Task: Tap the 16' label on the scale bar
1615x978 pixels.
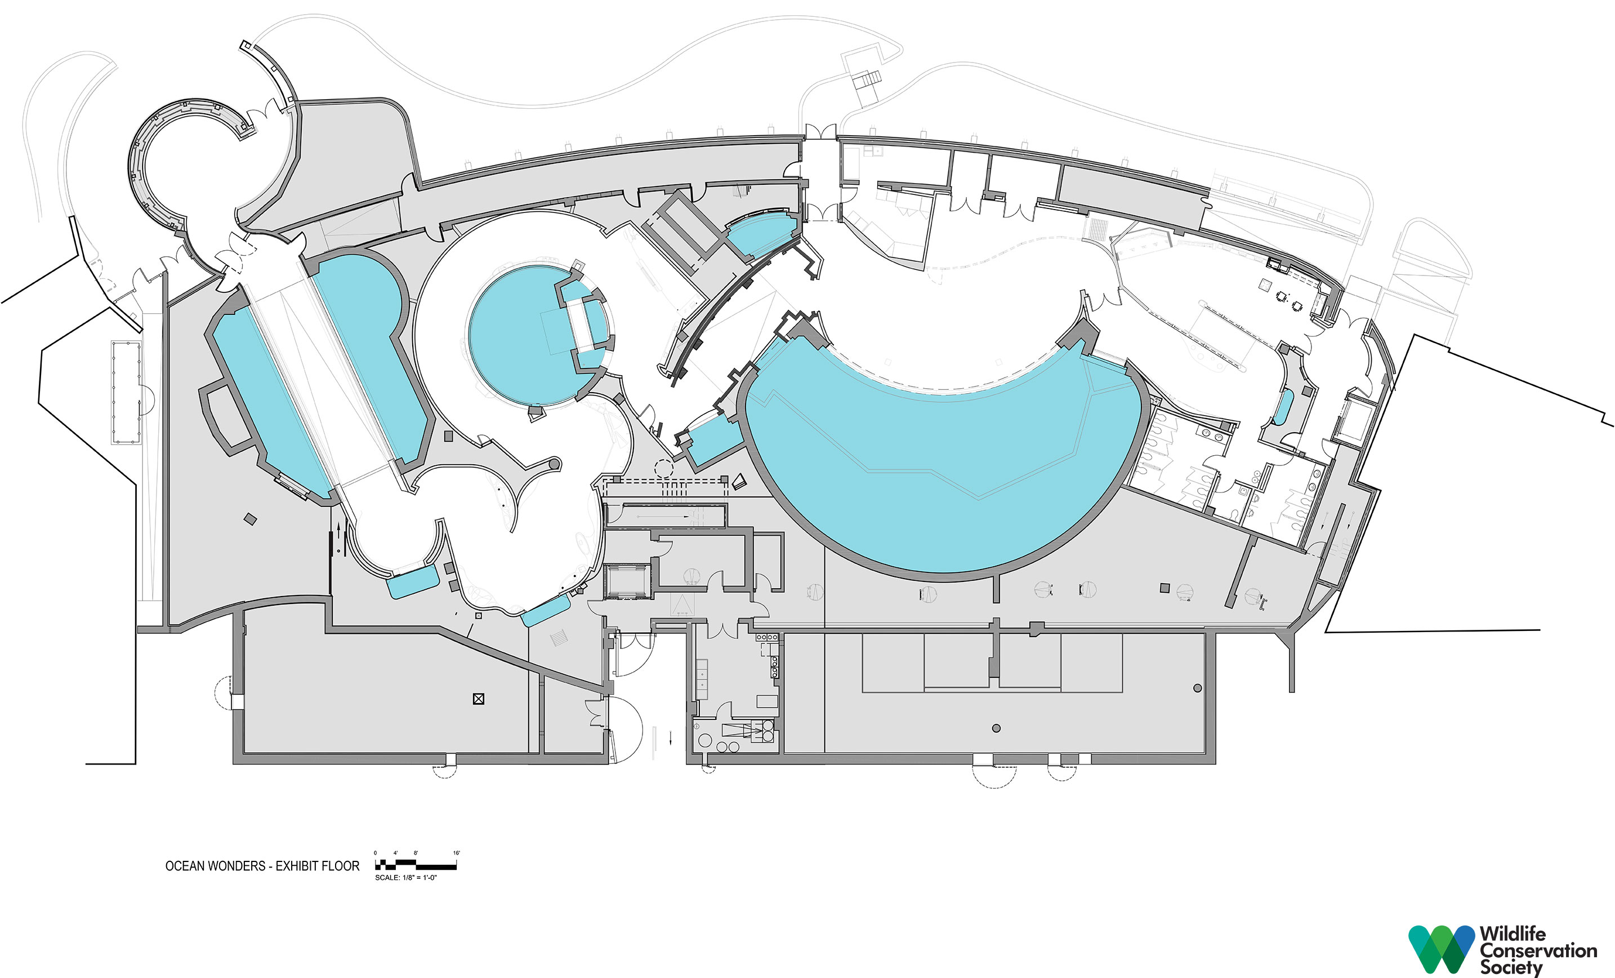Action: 456,853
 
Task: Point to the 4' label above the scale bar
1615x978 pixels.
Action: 395,853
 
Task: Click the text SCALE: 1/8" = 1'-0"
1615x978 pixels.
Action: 405,878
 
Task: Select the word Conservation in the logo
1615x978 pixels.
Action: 1538,950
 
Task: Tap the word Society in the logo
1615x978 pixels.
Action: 1511,967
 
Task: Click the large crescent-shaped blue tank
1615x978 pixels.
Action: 944,472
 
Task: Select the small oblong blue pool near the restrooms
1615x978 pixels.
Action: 1283,407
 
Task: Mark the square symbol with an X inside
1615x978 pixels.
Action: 479,699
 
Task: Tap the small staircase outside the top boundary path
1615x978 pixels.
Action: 867,81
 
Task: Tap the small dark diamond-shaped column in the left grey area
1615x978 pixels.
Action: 249,519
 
